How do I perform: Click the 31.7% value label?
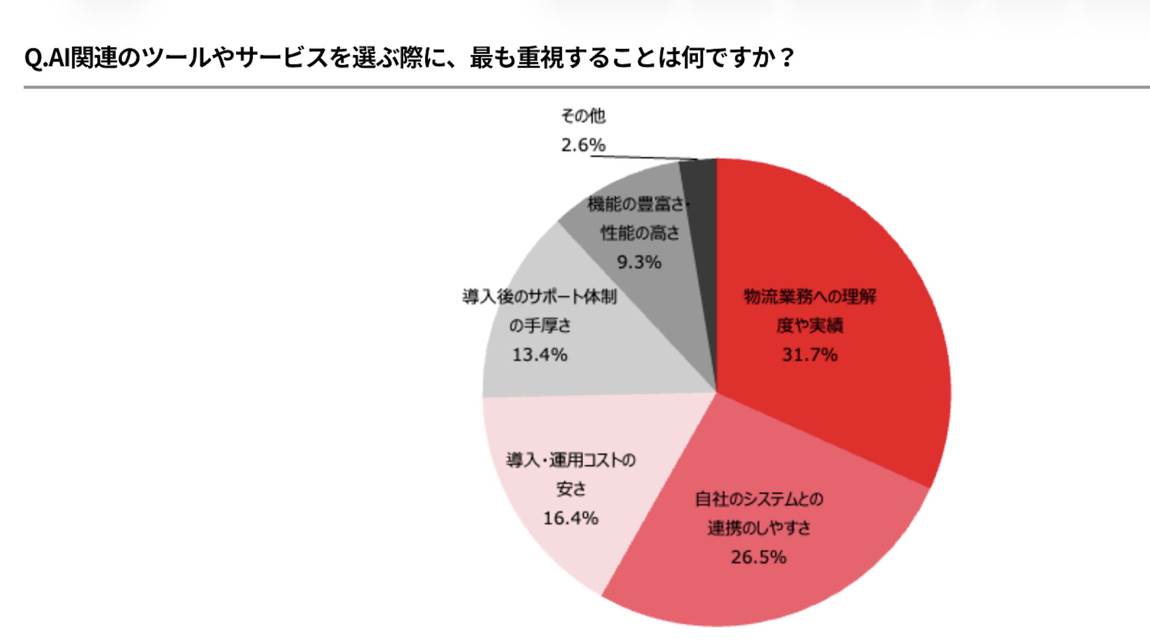810,355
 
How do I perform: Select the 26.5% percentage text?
758,557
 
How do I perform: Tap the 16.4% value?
571,518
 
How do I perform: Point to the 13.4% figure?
540,355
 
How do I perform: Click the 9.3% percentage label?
639,262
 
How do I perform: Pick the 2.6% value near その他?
583,145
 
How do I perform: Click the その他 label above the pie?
583,116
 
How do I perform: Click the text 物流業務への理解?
810,297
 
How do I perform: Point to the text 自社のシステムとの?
758,499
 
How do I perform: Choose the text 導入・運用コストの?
571,460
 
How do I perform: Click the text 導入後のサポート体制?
540,297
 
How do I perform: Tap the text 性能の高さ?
640,233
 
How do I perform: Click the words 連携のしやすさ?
758,528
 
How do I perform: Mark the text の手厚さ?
540,325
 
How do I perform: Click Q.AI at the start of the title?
47,58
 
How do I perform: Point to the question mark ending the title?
787,58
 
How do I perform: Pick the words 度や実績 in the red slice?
810,325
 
